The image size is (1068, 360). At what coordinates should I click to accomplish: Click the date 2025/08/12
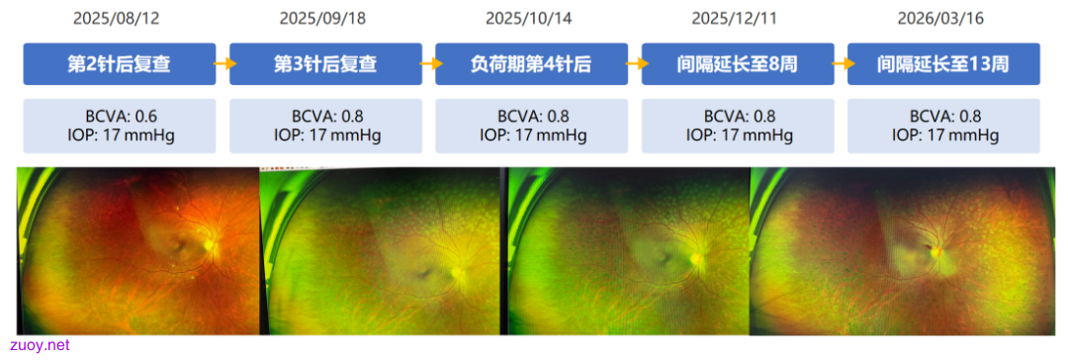pos(117,19)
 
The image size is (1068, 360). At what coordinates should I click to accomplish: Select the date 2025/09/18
pos(322,19)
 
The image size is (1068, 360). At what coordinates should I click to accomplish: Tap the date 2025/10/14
pos(528,19)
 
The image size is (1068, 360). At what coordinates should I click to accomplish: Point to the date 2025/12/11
pos(735,19)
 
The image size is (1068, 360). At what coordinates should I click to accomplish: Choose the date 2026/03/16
pos(940,19)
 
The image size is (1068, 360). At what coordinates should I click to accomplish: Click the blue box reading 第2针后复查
pos(120,64)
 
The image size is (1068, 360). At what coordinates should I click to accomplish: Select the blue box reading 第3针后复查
pos(325,64)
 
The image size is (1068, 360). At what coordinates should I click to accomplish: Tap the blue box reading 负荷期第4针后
pos(532,64)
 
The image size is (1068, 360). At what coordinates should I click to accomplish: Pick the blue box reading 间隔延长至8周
pos(738,64)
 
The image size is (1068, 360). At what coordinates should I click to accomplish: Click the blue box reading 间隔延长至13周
pos(944,64)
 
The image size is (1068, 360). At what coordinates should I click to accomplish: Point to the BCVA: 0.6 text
pos(120,117)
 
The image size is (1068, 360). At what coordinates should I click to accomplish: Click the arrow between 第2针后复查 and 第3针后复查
pos(222,63)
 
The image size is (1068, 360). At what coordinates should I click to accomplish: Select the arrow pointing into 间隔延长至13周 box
pos(842,63)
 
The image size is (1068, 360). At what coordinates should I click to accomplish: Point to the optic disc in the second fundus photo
pos(459,271)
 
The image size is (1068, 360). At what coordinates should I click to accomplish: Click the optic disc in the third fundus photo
pos(697,258)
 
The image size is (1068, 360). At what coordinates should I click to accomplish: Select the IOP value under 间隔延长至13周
pos(944,135)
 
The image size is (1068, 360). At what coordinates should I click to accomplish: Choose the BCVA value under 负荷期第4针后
pos(532,117)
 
